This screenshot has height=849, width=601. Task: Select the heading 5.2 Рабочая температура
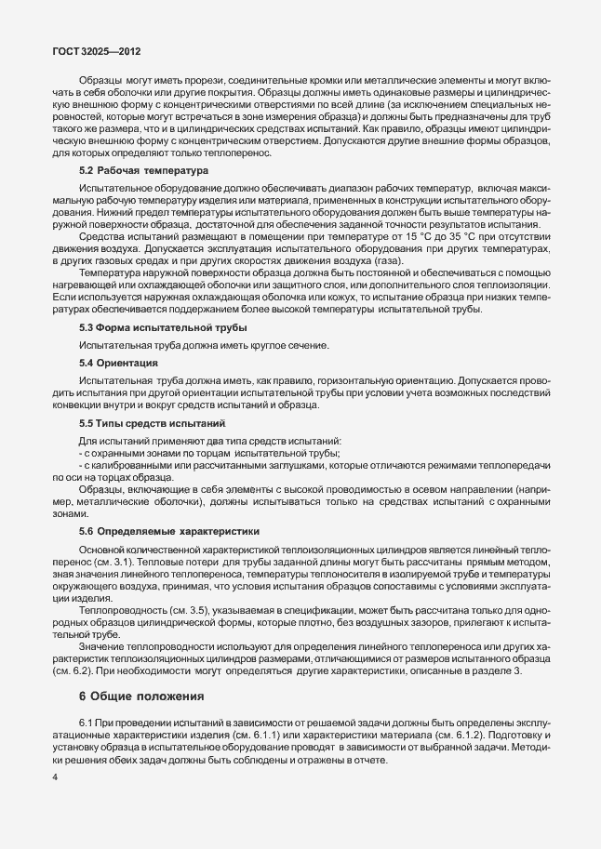pyautogui.click(x=143, y=171)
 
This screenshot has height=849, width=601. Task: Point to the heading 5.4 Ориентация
pyautogui.click(x=118, y=362)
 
